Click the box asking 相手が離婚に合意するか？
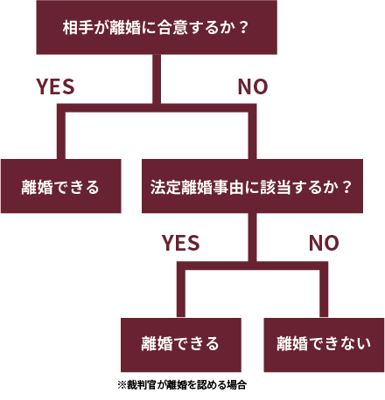tap(157, 27)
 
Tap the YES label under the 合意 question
tap(55, 86)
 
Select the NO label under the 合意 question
tap(253, 86)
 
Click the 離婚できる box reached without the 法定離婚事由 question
tap(61, 186)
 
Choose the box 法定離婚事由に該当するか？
tap(252, 186)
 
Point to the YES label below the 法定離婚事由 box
tap(181, 243)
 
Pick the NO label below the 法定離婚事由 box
tap(324, 243)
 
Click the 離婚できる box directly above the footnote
tap(181, 345)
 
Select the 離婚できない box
tap(324, 345)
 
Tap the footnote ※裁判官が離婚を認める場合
tap(182, 385)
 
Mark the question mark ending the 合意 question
tap(243, 28)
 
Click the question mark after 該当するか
tap(346, 187)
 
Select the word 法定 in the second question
tap(165, 187)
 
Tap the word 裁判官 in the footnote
tap(142, 385)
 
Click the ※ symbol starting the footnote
tap(122, 385)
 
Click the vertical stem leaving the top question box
tap(157, 79)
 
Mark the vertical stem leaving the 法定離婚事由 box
tap(252, 238)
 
